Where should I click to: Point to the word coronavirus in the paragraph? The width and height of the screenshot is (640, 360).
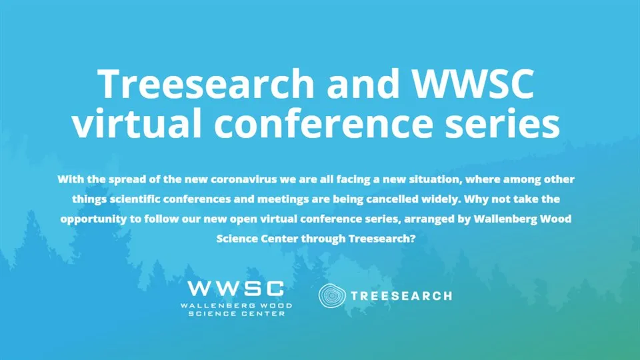pos(255,180)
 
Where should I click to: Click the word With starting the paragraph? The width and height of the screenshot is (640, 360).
pos(71,180)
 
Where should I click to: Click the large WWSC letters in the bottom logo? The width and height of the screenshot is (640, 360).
pos(235,288)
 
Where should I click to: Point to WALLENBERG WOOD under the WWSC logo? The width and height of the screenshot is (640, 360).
pos(236,305)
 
